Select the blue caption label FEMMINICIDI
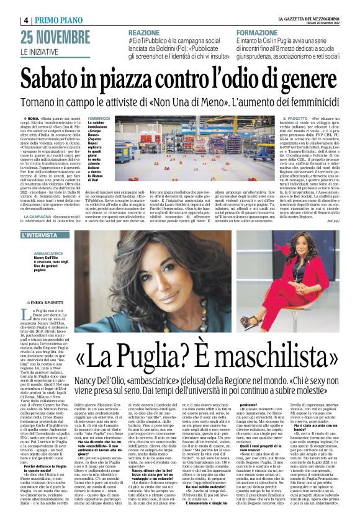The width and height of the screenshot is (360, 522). (x=99, y=117)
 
